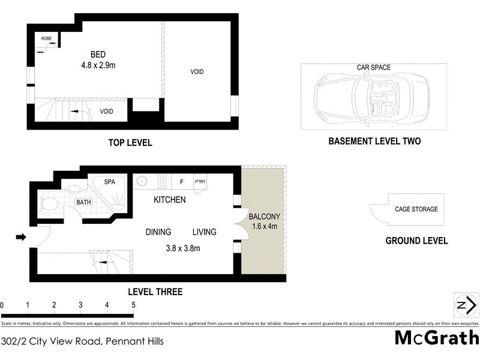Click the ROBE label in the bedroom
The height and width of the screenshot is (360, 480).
(46, 38)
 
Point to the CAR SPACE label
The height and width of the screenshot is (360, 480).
(373, 68)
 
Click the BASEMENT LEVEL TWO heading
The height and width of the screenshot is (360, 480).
(374, 142)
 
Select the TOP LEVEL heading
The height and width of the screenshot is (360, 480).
(130, 143)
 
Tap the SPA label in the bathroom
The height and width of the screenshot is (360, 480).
(110, 181)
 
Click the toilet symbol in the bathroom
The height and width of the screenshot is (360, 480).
(49, 204)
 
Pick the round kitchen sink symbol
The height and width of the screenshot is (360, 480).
(142, 181)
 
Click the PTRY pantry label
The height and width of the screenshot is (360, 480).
(200, 181)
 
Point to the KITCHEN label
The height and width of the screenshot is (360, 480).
(169, 200)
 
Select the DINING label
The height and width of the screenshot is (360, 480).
(158, 232)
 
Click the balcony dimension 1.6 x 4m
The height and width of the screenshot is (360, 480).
(264, 227)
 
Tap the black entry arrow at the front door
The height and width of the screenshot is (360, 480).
(21, 238)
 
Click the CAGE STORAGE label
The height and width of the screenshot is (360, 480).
(416, 209)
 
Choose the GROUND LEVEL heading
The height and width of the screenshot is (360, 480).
(416, 241)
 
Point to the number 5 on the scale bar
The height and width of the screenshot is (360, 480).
(133, 305)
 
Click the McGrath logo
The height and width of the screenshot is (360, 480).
(436, 338)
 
